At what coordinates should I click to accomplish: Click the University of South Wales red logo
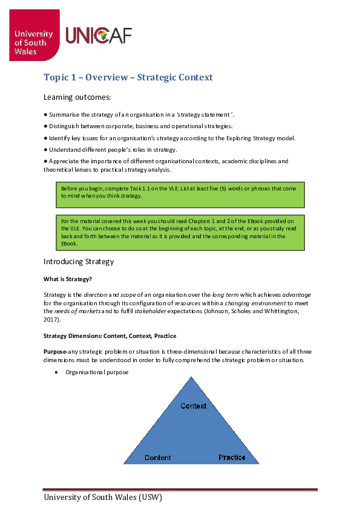34,36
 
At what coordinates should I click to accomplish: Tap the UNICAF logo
98,36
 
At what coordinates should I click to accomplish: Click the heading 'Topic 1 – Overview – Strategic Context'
128,77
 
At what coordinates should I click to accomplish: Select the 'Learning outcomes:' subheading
77,97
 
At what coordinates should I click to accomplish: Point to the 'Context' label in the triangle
194,406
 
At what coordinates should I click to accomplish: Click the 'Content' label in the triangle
157,458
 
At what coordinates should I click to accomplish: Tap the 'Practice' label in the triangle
232,458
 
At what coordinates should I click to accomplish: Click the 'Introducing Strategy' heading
78,262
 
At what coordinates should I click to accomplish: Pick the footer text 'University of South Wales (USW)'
103,498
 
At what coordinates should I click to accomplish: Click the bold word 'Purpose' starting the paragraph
55,351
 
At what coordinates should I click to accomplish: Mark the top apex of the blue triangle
194,377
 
